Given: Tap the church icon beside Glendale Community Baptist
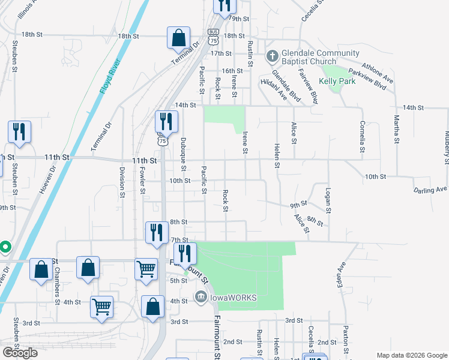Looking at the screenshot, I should tap(272, 58).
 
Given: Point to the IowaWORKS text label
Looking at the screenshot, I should tap(234, 298).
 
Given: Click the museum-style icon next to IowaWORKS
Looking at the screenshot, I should tap(201, 296).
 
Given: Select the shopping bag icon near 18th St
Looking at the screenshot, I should tap(179, 38).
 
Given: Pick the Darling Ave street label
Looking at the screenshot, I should tap(430, 190).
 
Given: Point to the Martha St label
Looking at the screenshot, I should tap(397, 130).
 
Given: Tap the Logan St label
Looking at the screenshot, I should tap(328, 200).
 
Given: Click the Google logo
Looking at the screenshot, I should tap(20, 353).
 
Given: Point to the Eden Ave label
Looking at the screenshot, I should tap(343, 274).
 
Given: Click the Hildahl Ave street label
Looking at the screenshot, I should tap(274, 87).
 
